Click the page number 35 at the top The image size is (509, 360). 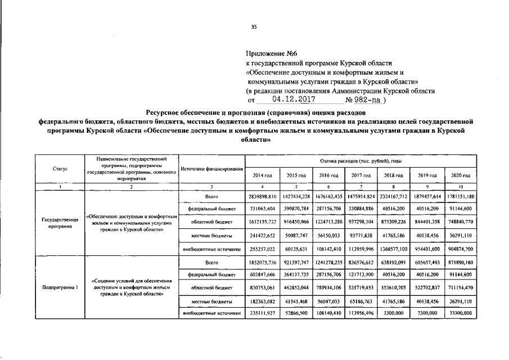click(x=254, y=26)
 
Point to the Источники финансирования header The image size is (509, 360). click(x=211, y=169)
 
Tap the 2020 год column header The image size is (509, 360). click(x=461, y=176)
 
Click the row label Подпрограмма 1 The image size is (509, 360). click(x=60, y=288)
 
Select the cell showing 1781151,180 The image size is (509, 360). click(x=461, y=197)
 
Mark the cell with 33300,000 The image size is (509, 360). click(x=461, y=314)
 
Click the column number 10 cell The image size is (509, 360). click(x=461, y=187)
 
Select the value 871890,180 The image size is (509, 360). click(x=461, y=262)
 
